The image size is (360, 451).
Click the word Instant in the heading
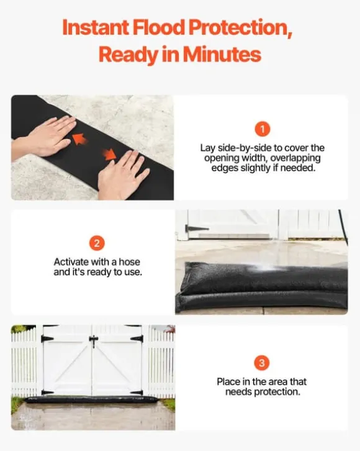[x=96, y=27]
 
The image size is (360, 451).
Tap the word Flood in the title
[x=158, y=27]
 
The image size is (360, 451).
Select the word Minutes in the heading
[x=222, y=55]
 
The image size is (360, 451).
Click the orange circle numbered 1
[x=262, y=129]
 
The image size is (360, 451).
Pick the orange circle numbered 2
[x=97, y=244]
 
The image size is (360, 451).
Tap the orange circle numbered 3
[x=262, y=363]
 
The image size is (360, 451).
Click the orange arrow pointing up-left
[x=79, y=139]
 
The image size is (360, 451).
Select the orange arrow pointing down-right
[x=109, y=154]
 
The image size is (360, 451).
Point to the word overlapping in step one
[x=295, y=158]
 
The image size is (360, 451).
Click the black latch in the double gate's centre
[x=93, y=341]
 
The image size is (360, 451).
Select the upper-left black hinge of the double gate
[x=47, y=339]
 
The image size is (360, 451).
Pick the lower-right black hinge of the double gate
[x=137, y=393]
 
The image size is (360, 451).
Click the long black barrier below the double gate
[x=92, y=399]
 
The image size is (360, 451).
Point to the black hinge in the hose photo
[x=196, y=229]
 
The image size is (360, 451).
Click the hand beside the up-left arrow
[x=45, y=135]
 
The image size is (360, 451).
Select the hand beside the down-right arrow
[x=123, y=176]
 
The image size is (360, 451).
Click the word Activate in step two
[x=71, y=262]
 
